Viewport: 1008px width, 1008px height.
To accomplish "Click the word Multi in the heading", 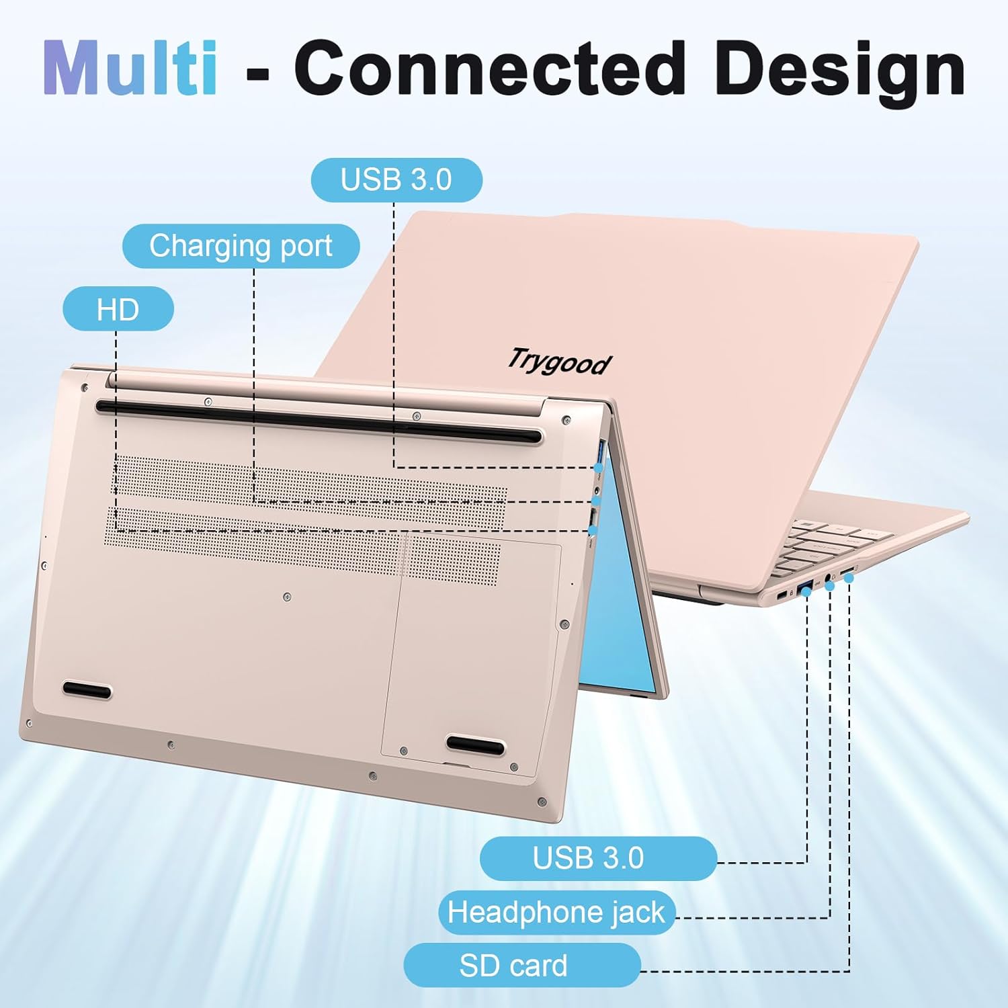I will pyautogui.click(x=130, y=68).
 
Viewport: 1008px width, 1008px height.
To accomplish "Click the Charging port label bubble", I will pyautogui.click(x=241, y=246).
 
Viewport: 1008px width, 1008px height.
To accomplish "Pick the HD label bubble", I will pyautogui.click(x=118, y=309).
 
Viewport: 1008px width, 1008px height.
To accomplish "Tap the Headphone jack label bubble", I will pyautogui.click(x=556, y=913).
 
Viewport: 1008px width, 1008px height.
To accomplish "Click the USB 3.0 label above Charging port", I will pyautogui.click(x=396, y=180).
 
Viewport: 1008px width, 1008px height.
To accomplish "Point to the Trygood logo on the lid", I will pyautogui.click(x=559, y=362).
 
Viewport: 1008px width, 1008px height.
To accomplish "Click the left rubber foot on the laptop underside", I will pyautogui.click(x=87, y=690).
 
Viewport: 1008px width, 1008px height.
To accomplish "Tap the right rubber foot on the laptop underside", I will pyautogui.click(x=476, y=745).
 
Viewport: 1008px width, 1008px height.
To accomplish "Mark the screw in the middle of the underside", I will pyautogui.click(x=287, y=597).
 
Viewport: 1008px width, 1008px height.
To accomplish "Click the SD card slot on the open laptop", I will pyautogui.click(x=847, y=572).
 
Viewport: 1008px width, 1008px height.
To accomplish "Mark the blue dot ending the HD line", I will pyautogui.click(x=592, y=531).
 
